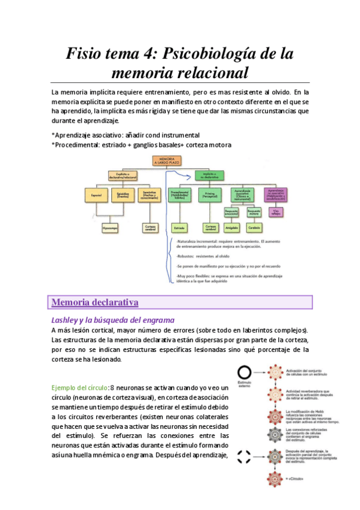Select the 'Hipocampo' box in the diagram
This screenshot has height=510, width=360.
tap(110, 227)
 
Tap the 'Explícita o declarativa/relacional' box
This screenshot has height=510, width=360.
tap(121, 175)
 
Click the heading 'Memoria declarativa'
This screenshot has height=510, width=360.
tap(96, 301)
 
